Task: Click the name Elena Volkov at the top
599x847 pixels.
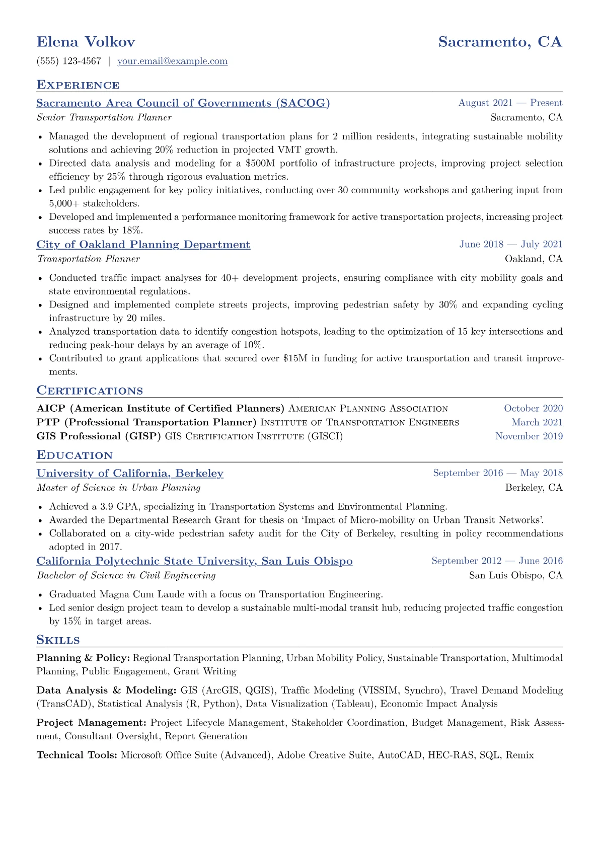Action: (x=86, y=42)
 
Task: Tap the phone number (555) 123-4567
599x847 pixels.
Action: (x=68, y=61)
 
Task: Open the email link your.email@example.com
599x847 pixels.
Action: (x=172, y=61)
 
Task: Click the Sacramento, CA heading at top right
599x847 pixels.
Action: (x=499, y=42)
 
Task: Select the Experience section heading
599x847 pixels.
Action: (x=78, y=85)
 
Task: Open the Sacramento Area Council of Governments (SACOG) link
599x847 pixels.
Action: (x=183, y=103)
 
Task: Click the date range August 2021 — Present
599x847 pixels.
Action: (x=510, y=103)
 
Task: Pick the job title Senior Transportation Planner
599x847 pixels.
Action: (x=104, y=117)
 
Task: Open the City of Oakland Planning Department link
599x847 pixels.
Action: (x=143, y=245)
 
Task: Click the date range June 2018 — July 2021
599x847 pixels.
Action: (x=510, y=245)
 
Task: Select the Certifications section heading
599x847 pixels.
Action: (x=90, y=391)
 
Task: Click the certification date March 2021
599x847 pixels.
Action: (x=537, y=422)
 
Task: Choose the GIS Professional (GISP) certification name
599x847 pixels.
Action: (x=99, y=436)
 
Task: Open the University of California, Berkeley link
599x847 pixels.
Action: (x=130, y=473)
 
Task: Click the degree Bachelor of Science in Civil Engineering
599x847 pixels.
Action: (x=126, y=575)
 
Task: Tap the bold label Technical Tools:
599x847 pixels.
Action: (x=77, y=755)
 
